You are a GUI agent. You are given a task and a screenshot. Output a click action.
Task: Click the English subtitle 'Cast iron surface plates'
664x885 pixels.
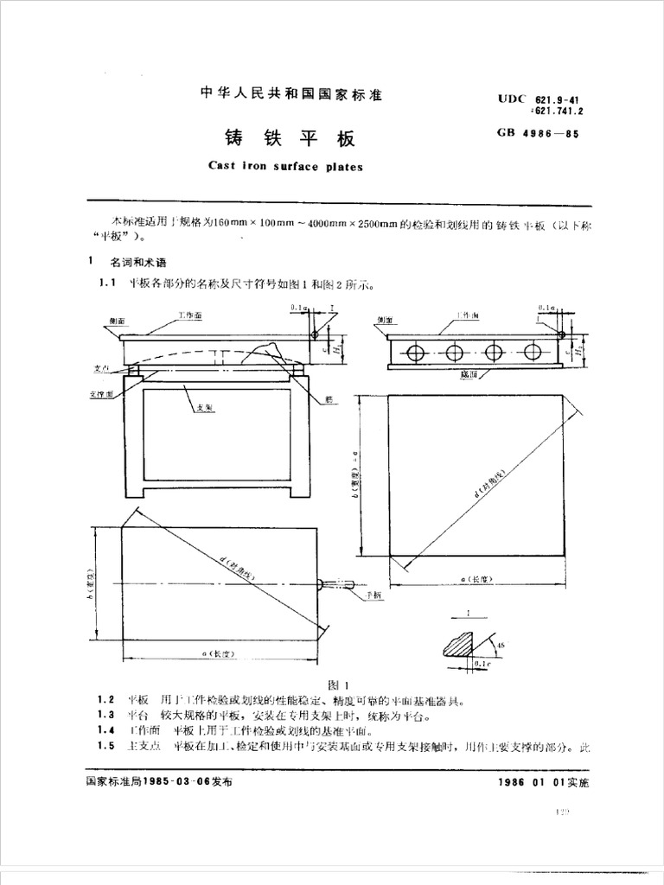(286, 167)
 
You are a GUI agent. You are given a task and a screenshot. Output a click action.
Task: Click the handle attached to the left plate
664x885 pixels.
(338, 585)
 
